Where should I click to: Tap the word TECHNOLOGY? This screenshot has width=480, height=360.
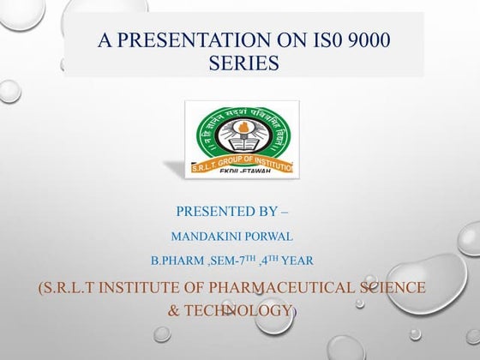[249, 309]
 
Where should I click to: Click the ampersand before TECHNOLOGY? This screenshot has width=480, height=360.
[174, 309]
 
